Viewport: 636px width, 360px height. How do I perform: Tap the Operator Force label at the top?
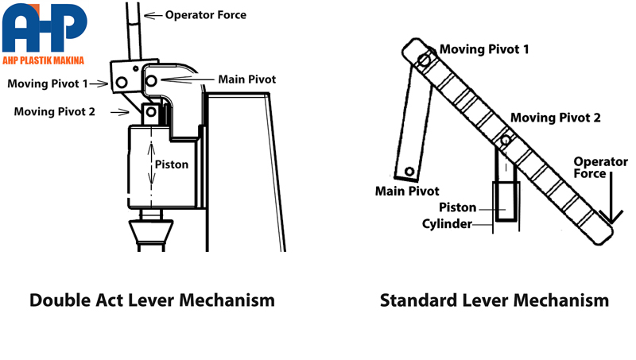[205, 14]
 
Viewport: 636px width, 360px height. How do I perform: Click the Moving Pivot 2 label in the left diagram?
[54, 112]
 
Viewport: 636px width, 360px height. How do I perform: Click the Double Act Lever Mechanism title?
[152, 300]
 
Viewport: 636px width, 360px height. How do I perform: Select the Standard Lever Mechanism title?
[494, 300]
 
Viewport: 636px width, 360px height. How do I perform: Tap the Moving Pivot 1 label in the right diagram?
[484, 49]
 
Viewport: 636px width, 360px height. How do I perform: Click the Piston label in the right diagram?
[458, 207]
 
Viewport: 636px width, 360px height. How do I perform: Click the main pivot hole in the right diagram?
[409, 172]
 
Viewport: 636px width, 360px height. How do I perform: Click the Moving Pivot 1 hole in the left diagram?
[121, 82]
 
